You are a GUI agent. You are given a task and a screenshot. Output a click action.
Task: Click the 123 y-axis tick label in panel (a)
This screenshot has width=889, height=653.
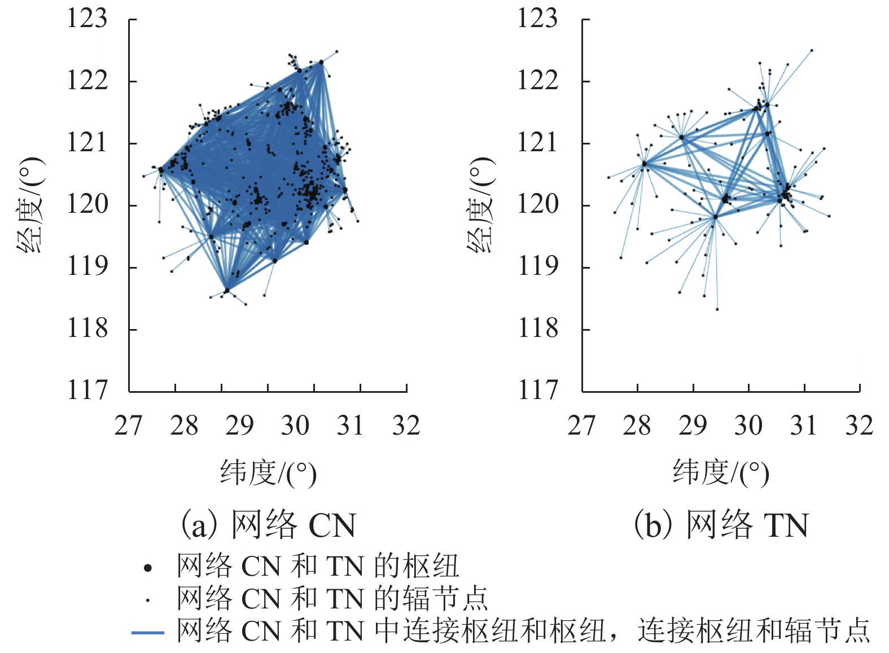click(87, 19)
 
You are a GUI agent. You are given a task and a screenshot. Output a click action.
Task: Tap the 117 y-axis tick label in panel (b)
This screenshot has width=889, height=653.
click(538, 390)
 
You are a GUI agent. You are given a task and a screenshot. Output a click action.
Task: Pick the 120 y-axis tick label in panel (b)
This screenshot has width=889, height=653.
click(538, 204)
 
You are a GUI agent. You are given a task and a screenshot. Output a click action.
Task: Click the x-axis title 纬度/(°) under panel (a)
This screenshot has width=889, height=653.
click(268, 472)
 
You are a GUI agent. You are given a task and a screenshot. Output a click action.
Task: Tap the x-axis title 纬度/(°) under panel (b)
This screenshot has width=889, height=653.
click(721, 472)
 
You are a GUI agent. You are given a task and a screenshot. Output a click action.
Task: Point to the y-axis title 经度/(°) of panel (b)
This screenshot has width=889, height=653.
click(481, 204)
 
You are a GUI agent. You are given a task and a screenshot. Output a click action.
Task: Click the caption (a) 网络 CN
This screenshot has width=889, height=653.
click(268, 525)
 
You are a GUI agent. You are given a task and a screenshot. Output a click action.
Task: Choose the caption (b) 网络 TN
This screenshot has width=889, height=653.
click(721, 525)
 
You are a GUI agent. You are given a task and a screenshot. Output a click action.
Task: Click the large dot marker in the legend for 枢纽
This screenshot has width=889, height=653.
click(148, 568)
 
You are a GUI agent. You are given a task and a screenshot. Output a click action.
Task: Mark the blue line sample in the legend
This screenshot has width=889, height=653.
click(148, 633)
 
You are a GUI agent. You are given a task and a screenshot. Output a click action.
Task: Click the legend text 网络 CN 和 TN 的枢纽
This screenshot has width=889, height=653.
click(318, 567)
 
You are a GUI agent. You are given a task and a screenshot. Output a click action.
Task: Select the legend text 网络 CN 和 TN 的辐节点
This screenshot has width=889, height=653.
click(332, 599)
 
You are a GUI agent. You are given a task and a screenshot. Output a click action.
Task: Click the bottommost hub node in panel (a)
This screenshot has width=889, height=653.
click(227, 290)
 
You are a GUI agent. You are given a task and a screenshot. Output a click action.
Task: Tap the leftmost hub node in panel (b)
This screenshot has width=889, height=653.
click(644, 164)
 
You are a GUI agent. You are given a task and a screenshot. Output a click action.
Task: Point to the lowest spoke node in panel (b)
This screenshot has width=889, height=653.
click(717, 309)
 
